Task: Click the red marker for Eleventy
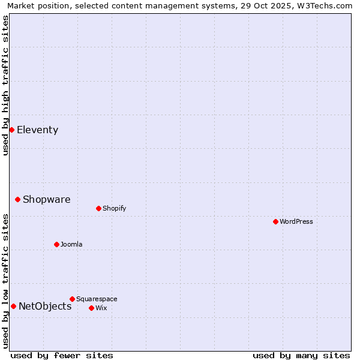11,130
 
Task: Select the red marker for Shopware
17,199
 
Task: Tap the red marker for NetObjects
13,306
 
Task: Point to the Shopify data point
98,208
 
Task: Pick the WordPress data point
275,221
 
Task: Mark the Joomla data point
56,244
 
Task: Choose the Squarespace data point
72,299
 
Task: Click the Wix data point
91,308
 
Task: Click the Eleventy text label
37,130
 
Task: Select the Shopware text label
46,200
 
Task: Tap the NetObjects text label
45,307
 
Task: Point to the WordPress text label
296,222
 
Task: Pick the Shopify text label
114,209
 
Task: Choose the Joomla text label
71,245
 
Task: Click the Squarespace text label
97,299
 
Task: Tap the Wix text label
101,308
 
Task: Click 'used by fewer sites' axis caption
62,355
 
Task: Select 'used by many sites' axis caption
301,355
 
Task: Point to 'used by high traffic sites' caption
5,85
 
